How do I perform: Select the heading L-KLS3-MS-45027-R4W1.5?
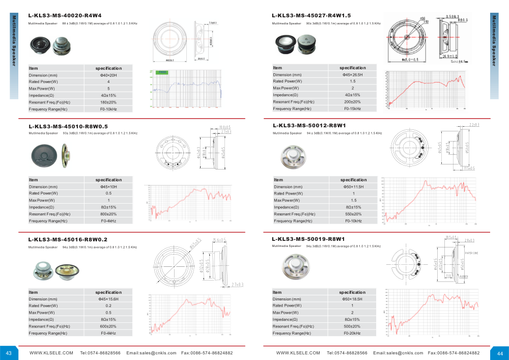pyautogui.click(x=311, y=16)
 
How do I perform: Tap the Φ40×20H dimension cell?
pyautogui.click(x=108, y=75)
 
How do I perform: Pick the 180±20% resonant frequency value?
pyautogui.click(x=108, y=102)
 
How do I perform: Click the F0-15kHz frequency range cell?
pyautogui.click(x=352, y=109)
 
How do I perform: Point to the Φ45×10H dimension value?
pyautogui.click(x=108, y=187)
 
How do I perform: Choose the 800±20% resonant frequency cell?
pyautogui.click(x=108, y=214)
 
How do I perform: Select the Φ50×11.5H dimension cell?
pyautogui.click(x=353, y=187)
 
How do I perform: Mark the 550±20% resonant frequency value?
pyautogui.click(x=353, y=214)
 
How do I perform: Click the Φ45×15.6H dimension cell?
pyautogui.click(x=108, y=299)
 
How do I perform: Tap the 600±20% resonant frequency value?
pyautogui.click(x=108, y=326)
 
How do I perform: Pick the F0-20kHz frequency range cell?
pyautogui.click(x=352, y=333)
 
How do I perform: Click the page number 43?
pyautogui.click(x=9, y=353)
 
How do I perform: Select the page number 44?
pyautogui.click(x=500, y=353)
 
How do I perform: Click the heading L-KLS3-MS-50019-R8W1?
pyautogui.click(x=308, y=239)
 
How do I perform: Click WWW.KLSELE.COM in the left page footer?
pyautogui.click(x=51, y=353)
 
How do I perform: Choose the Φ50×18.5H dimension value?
pyautogui.click(x=352, y=299)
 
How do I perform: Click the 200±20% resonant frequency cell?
pyautogui.click(x=352, y=102)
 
